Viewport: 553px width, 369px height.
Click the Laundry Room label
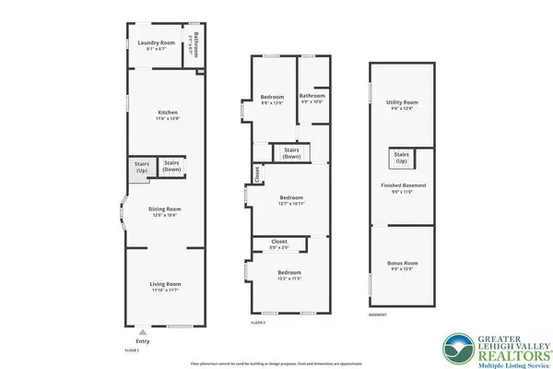pos(156,43)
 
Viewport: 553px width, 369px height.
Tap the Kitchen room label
pos(166,114)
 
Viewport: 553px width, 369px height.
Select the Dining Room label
pos(166,209)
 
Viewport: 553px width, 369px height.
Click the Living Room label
pos(166,284)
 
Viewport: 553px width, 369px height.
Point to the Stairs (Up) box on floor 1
pos(141,167)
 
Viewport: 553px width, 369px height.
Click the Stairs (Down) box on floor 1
pos(171,166)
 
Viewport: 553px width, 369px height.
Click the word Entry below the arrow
pos(141,339)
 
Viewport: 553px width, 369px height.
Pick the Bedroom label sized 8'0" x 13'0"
pos(272,98)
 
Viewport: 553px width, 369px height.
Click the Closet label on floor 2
pos(278,243)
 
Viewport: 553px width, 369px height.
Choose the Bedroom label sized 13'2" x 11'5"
pos(290,273)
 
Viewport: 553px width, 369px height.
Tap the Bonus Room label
pos(402,265)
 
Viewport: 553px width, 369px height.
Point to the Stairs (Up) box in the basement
pos(401,159)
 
